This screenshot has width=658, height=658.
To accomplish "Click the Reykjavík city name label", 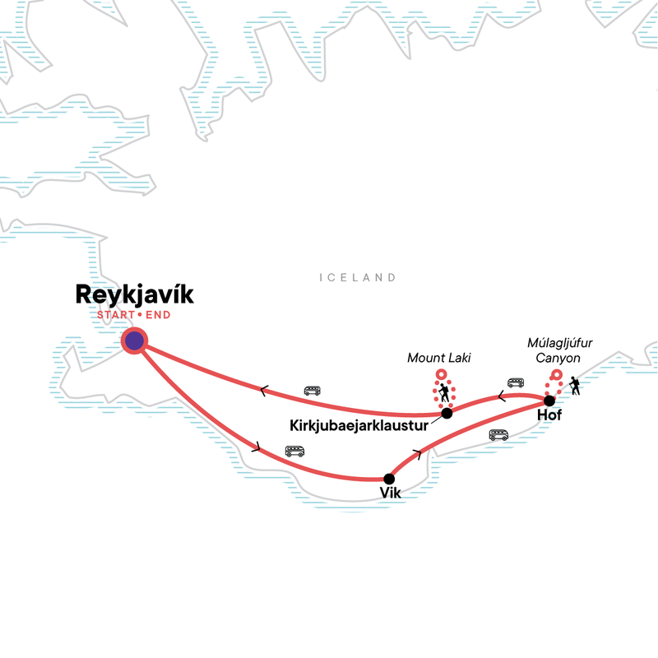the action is [134, 295].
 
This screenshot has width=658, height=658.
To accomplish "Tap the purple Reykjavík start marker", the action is [134, 341].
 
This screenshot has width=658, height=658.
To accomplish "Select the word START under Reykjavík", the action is [116, 315].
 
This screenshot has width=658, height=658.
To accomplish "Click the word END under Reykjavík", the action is [158, 315].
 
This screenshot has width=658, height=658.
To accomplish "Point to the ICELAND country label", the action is [358, 277].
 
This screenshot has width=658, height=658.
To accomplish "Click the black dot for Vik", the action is [389, 479].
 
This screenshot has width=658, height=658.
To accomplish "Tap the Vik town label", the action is [390, 493].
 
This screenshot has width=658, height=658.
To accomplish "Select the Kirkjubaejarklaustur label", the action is [359, 425].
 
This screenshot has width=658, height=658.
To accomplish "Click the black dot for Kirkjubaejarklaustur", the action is [447, 414].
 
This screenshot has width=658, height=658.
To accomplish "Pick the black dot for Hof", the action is [549, 401].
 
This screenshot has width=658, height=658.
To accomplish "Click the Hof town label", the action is [549, 415].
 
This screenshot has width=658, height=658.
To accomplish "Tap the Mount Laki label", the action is [439, 358].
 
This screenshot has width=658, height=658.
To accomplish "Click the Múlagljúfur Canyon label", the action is [559, 350].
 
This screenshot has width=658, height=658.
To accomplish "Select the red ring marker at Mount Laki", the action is [441, 374].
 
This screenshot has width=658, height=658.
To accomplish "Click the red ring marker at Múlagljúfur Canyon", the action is [557, 375].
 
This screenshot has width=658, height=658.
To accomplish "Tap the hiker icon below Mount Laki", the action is [443, 393].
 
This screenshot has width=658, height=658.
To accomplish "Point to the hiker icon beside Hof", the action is [575, 386].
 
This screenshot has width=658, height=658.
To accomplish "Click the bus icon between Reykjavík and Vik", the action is [294, 451].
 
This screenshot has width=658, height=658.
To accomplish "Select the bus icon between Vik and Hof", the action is [498, 435].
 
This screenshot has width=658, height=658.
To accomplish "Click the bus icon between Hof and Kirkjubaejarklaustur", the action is [516, 382].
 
